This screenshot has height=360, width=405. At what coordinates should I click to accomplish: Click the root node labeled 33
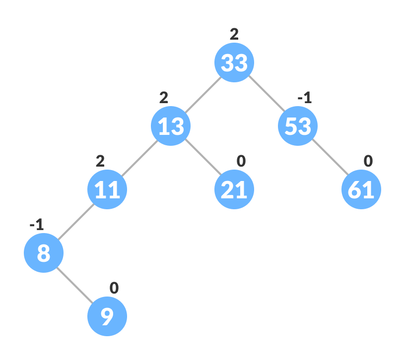tap(234, 62)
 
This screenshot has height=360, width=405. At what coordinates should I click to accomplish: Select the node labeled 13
tap(171, 126)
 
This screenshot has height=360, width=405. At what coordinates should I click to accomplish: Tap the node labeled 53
tap(298, 126)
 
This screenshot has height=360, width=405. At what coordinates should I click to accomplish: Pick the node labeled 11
tap(107, 189)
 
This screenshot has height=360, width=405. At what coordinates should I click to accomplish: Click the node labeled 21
tap(234, 189)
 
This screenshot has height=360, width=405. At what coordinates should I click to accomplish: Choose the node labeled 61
tap(361, 189)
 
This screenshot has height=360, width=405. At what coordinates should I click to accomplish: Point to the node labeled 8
tap(44, 253)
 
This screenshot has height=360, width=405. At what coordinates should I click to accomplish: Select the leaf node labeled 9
tap(107, 316)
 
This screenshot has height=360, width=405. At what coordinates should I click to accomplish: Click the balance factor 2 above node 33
tap(234, 34)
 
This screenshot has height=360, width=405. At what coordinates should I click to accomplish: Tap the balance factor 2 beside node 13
tap(164, 98)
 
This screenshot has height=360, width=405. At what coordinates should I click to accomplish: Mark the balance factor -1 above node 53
tap(304, 98)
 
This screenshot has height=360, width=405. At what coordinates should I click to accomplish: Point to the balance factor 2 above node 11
tap(100, 161)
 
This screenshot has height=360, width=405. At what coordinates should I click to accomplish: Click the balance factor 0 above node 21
tap(241, 161)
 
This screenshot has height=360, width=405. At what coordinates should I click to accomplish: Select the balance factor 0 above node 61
tap(368, 161)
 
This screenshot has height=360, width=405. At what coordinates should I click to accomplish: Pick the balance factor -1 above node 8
tap(36, 225)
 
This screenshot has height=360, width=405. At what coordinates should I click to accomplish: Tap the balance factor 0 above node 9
tap(114, 288)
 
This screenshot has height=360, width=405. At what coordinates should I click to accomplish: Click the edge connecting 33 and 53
tap(266, 94)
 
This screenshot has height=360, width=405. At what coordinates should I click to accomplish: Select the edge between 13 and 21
tap(202, 158)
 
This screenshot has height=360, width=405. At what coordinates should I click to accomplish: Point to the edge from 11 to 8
tap(75, 221)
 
